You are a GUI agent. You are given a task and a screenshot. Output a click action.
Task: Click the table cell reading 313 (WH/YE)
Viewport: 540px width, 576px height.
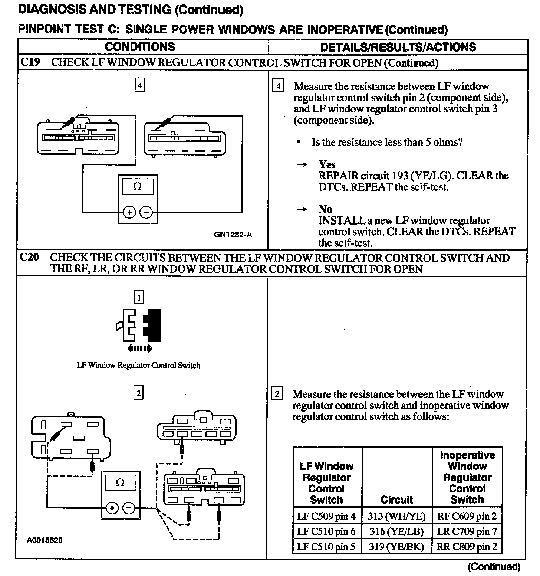pyautogui.click(x=396, y=516)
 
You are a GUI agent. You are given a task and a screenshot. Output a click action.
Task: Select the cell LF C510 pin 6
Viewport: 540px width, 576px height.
pyautogui.click(x=326, y=531)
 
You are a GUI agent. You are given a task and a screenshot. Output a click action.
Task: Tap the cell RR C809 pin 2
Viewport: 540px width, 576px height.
pyautogui.click(x=467, y=547)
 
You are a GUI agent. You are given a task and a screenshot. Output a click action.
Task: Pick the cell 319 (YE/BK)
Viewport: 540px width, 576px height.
pyautogui.click(x=396, y=547)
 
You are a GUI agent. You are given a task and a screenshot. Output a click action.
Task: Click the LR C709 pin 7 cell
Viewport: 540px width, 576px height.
pyautogui.click(x=467, y=531)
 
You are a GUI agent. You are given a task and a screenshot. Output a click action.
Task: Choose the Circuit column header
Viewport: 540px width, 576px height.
pyautogui.click(x=396, y=500)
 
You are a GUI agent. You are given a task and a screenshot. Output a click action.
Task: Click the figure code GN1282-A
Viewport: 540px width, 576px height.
pyautogui.click(x=233, y=235)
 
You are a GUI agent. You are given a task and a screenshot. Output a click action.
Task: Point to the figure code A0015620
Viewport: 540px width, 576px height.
pyautogui.click(x=45, y=540)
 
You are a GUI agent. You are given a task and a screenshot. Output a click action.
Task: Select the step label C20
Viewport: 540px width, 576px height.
pyautogui.click(x=29, y=257)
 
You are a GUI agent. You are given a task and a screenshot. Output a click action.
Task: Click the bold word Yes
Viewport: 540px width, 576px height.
pyautogui.click(x=327, y=164)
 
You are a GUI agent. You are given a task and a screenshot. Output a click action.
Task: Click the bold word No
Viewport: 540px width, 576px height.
pyautogui.click(x=325, y=209)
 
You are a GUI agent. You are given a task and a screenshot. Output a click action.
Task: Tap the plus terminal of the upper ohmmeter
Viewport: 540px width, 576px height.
pyautogui.click(x=129, y=213)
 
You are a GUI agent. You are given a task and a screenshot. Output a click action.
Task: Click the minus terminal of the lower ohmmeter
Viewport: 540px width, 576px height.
pyautogui.click(x=129, y=508)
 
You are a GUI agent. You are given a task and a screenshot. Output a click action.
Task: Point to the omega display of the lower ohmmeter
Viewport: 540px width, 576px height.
pyautogui.click(x=120, y=483)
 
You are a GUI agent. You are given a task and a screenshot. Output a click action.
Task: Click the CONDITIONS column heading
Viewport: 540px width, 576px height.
pyautogui.click(x=140, y=47)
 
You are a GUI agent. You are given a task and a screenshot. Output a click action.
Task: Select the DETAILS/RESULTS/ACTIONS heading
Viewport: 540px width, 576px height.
pyautogui.click(x=398, y=47)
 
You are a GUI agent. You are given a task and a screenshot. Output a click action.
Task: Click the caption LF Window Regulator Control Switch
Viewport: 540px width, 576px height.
pyautogui.click(x=138, y=365)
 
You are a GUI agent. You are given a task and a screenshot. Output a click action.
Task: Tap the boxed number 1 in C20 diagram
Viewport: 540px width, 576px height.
pyautogui.click(x=139, y=297)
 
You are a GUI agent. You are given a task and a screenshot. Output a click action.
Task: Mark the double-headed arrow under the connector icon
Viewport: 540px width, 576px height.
pyautogui.click(x=139, y=348)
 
